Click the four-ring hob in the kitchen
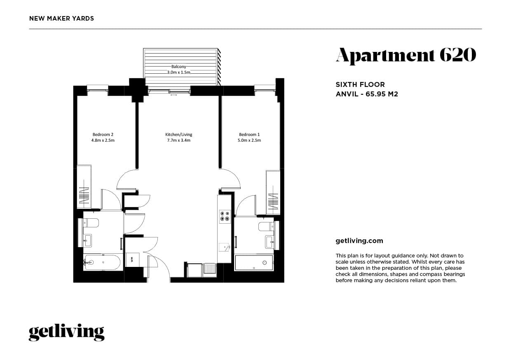(x=225, y=216)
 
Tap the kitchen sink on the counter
(x=225, y=247)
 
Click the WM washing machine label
(x=132, y=259)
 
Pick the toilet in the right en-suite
(x=265, y=226)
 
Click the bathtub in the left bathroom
(x=102, y=262)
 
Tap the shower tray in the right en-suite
(x=253, y=262)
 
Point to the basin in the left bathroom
(x=87, y=240)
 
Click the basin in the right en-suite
(x=270, y=241)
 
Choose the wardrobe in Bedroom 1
(x=273, y=192)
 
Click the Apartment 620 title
(x=406, y=55)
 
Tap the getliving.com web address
(x=359, y=241)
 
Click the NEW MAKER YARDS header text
(x=62, y=19)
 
